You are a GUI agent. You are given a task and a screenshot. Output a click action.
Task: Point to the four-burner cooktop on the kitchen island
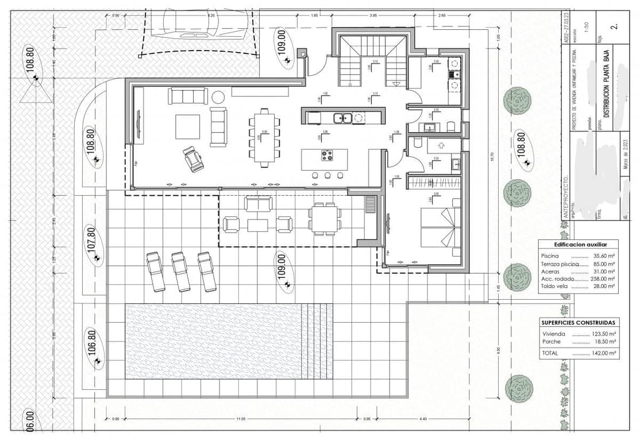pyautogui.click(x=327, y=154)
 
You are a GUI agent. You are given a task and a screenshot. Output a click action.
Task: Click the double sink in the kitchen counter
pyautogui.click(x=342, y=118)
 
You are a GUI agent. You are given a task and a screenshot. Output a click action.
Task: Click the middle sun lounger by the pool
pyautogui.click(x=180, y=271)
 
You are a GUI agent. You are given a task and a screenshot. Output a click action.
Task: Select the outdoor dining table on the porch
pyautogui.click(x=325, y=219)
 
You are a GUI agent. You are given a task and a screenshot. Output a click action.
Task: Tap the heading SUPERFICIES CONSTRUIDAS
pyautogui.click(x=579, y=323)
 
